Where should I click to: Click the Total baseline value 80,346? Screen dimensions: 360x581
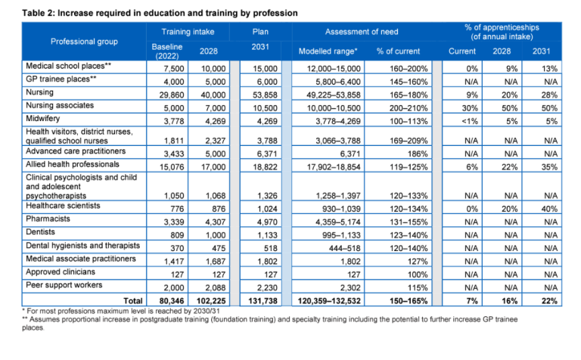[x=168, y=300]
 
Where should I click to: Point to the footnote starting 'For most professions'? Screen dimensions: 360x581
[x=106, y=310]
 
